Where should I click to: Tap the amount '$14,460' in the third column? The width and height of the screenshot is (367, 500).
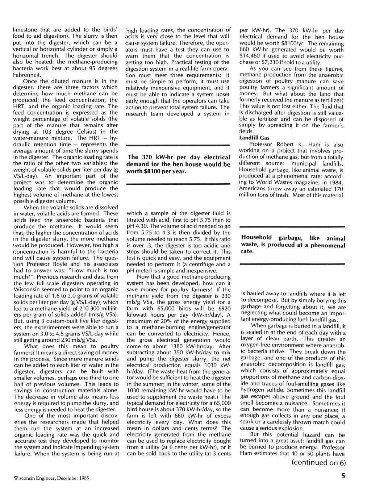pyautogui.click(x=250, y=56)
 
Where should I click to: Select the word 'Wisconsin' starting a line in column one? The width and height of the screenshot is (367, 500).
pyautogui.click(x=27, y=289)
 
